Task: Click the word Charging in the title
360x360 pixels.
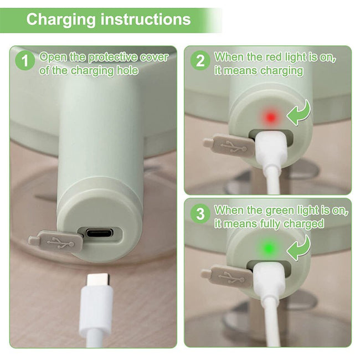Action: coord(61,20)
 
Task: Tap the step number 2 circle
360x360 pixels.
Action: coord(200,60)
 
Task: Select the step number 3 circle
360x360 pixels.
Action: coord(200,213)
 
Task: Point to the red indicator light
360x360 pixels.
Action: coord(271,117)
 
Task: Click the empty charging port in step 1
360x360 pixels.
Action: coord(102,234)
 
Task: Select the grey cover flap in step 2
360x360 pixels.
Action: coord(229,146)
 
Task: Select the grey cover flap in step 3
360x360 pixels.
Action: coord(227,276)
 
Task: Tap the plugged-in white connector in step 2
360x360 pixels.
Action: coord(271,150)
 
